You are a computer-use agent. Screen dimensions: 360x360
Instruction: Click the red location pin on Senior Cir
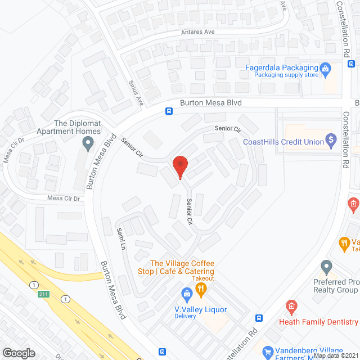click(180, 166)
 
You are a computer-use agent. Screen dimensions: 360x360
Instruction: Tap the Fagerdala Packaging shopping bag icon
click(325, 69)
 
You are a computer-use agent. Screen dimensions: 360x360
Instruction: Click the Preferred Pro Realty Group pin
click(326, 265)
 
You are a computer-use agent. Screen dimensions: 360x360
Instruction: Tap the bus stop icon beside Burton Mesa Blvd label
click(169, 111)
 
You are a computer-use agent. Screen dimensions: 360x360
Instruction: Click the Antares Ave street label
click(197, 31)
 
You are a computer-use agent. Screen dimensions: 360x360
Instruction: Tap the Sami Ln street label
click(120, 239)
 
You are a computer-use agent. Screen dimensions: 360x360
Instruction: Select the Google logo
click(19, 353)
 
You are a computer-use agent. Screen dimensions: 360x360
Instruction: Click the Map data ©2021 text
click(335, 355)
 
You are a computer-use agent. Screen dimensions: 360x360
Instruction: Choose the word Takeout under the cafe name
click(201, 278)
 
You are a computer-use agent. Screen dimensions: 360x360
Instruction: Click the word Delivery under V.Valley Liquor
click(184, 316)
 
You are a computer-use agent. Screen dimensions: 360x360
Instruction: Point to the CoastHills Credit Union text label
click(283, 142)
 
